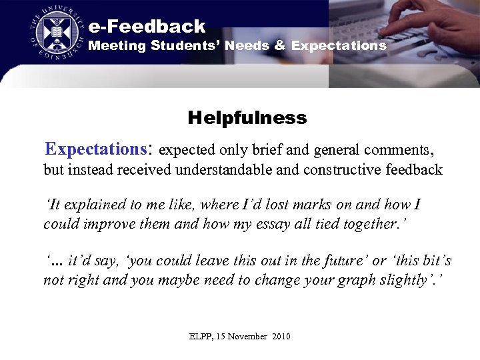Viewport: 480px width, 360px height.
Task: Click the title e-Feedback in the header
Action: click(x=147, y=27)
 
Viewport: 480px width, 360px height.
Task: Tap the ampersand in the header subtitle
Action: click(x=279, y=46)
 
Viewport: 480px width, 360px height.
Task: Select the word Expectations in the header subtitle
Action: click(x=339, y=46)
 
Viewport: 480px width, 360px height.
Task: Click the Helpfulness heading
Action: click(x=247, y=119)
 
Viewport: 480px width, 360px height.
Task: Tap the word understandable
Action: click(x=223, y=170)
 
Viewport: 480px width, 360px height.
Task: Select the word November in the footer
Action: click(x=249, y=337)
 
